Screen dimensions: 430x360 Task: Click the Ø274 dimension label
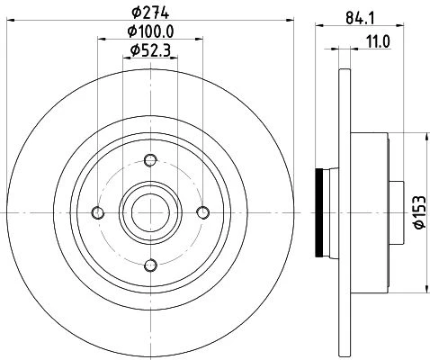click(x=150, y=13)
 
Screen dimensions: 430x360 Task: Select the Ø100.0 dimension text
click(x=150, y=31)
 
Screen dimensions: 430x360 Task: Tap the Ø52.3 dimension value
click(x=150, y=50)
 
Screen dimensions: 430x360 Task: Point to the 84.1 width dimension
click(x=360, y=18)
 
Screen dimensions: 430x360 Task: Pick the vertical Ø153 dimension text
click(x=420, y=211)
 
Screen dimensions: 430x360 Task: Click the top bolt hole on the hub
click(x=150, y=160)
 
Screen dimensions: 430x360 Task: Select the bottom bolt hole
click(x=150, y=265)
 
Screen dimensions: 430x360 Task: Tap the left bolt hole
click(x=98, y=212)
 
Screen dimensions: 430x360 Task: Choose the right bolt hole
click(x=203, y=212)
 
